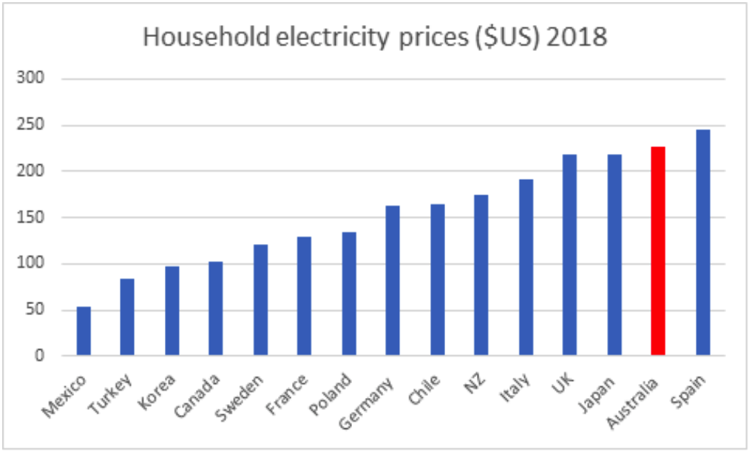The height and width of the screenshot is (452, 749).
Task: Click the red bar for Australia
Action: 658,252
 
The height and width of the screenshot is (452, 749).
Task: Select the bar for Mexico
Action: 84,331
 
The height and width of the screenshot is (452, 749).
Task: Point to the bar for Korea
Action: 172,311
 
